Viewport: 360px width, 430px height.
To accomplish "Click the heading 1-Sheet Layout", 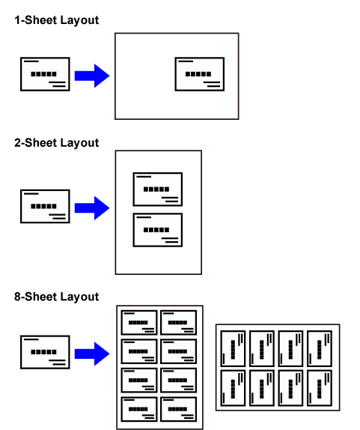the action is pos(56,20).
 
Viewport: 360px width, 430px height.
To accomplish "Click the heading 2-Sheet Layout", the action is pos(56,143).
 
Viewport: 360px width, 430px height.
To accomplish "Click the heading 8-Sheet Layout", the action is pos(56,297).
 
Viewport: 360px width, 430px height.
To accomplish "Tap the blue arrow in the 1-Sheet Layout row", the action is pos(92,76).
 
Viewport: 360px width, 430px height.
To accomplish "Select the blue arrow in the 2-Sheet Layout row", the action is pos(92,208).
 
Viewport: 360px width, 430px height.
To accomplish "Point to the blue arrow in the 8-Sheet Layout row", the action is pos(92,354).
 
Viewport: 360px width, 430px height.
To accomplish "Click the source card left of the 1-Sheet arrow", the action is pos(45,74).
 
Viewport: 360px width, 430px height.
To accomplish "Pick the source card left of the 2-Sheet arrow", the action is pos(45,206).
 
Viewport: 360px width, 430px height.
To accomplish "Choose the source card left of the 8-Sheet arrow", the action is pos(45,352).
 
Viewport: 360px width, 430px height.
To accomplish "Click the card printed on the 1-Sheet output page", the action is pos(200,74).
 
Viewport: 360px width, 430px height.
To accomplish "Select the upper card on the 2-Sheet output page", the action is pos(158,190).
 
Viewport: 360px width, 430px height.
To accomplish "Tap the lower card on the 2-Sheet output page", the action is pos(158,230).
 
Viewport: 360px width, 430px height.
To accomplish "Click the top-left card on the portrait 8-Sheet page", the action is pos(139,322).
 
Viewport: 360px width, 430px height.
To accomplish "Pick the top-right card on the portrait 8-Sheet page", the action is pos(179,322).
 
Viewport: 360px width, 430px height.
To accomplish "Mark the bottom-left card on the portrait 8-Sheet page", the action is pos(139,409).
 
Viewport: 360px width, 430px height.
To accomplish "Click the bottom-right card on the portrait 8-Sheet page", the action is pos(179,409).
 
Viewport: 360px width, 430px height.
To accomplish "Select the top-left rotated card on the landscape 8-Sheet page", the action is pos(234,348).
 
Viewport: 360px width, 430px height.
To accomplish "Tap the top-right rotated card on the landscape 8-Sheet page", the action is pos(320,348).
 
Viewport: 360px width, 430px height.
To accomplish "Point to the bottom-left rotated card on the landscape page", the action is pos(234,388).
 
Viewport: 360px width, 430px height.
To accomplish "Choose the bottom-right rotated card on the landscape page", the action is pos(320,388).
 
